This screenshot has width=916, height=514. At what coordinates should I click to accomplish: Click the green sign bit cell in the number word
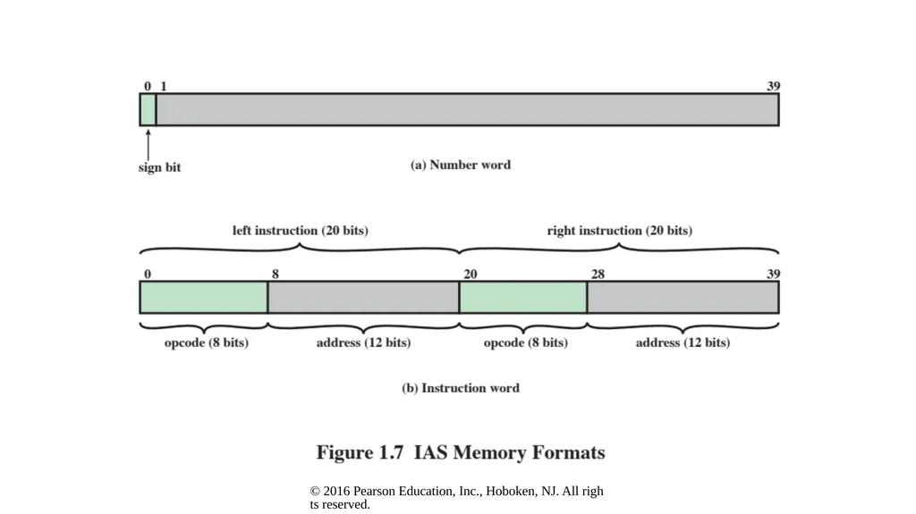[148, 109]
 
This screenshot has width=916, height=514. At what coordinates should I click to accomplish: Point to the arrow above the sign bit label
[148, 144]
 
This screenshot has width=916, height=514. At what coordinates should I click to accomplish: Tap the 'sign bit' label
[159, 168]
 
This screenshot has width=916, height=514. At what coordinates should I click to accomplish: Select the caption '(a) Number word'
[461, 165]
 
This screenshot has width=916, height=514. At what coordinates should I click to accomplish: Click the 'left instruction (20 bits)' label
[301, 231]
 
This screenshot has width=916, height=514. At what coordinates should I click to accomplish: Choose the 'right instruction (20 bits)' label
[619, 231]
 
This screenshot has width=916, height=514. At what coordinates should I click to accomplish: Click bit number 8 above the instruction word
[276, 274]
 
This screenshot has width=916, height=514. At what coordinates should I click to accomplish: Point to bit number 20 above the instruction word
[471, 274]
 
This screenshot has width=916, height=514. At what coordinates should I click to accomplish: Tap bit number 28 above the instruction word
[598, 274]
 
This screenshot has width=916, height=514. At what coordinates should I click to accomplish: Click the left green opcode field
[204, 298]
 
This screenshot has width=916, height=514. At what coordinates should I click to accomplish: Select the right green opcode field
[523, 298]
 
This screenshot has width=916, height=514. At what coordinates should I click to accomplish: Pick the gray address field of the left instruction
[363, 298]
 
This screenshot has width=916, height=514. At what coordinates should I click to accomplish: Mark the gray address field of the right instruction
[683, 298]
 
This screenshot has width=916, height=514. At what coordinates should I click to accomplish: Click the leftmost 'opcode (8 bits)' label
[207, 343]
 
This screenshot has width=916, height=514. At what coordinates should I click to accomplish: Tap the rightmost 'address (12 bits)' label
[683, 343]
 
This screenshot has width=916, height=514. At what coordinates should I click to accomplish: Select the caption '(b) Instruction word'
[461, 389]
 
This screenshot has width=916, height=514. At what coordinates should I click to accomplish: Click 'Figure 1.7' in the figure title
[360, 452]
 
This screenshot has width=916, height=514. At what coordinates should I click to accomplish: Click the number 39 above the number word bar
[773, 87]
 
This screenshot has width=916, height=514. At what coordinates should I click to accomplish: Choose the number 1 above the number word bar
[164, 87]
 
